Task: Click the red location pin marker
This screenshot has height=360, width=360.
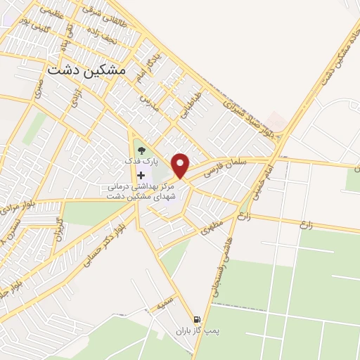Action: click(x=181, y=165)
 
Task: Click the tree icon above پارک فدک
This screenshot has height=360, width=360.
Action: click(x=141, y=150)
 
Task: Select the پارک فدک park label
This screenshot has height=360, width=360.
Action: click(x=139, y=161)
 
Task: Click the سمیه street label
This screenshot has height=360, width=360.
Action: click(x=165, y=304)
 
